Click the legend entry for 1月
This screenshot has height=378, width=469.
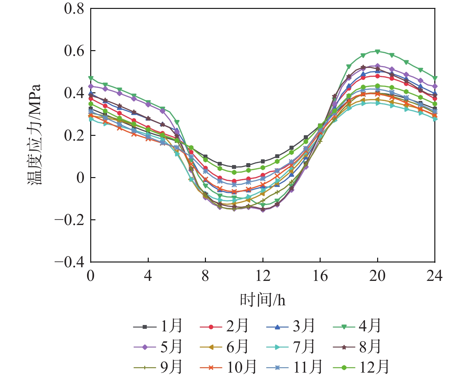click(158, 327)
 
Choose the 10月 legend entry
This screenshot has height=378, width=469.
click(228, 367)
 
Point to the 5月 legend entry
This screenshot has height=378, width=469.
click(158, 347)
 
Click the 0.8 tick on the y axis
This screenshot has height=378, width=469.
click(74, 9)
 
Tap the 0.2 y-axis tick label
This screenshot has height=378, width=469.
click(74, 135)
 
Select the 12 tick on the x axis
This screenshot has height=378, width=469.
click(263, 276)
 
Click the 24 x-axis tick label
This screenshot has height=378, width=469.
click(434, 276)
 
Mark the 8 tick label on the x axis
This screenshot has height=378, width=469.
click(205, 276)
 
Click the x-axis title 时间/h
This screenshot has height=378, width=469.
click(262, 300)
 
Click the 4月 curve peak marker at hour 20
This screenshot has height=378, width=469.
click(377, 51)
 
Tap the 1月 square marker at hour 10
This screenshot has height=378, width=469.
click(234, 167)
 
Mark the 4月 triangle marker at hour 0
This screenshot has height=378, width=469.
click(91, 78)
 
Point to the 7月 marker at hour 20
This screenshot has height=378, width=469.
click(377, 103)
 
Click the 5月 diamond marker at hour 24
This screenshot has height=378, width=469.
click(435, 86)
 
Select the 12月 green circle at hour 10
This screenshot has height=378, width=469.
click(234, 172)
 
